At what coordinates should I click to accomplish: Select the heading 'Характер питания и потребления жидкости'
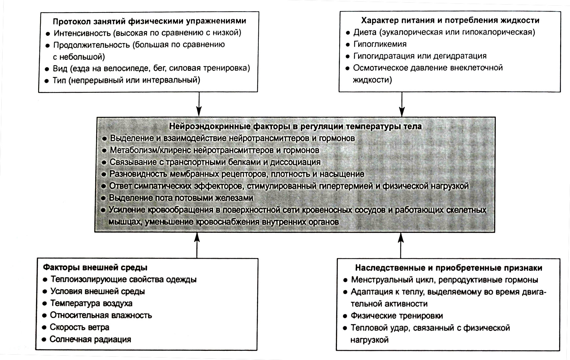[450, 20]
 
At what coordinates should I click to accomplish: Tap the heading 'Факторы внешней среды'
[95, 267]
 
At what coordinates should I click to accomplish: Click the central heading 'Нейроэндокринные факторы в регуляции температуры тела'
[295, 127]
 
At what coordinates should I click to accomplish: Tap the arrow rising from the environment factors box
[197, 245]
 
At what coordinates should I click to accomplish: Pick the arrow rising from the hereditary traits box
[400, 245]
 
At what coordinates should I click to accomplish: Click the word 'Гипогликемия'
[380, 44]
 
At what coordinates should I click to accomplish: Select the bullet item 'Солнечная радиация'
[90, 339]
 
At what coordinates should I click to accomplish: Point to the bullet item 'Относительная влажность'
[101, 315]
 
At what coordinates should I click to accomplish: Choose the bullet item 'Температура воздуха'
[91, 303]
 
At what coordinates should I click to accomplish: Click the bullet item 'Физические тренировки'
[397, 316]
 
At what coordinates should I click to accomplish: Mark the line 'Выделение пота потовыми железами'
[181, 198]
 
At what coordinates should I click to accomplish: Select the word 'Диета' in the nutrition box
[365, 32]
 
